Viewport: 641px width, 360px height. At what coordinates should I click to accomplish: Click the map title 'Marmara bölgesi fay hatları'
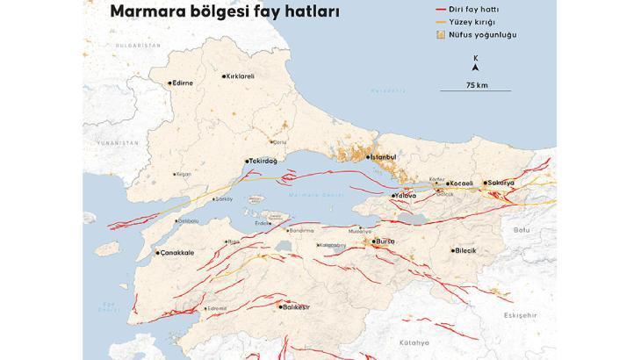224,12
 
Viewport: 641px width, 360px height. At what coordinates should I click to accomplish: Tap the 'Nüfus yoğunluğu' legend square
439,35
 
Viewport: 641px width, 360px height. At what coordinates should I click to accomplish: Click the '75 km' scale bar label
476,85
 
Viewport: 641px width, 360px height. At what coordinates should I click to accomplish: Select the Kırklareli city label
240,76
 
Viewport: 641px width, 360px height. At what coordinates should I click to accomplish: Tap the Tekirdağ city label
264,161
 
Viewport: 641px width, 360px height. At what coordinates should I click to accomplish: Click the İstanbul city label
384,156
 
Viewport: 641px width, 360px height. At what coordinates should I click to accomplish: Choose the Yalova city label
405,195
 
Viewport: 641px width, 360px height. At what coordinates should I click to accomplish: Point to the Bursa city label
385,241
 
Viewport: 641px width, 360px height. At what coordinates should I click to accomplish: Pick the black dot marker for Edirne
169,83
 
